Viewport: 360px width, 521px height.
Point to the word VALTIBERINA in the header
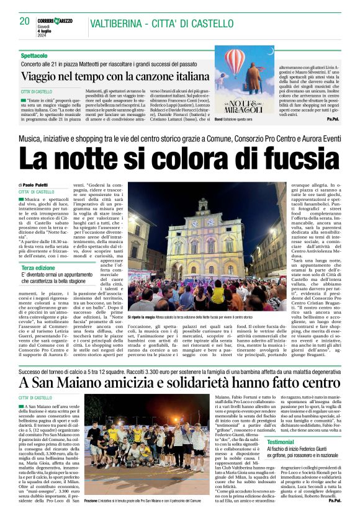tap(115, 24)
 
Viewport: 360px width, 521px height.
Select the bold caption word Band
tap(218, 118)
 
